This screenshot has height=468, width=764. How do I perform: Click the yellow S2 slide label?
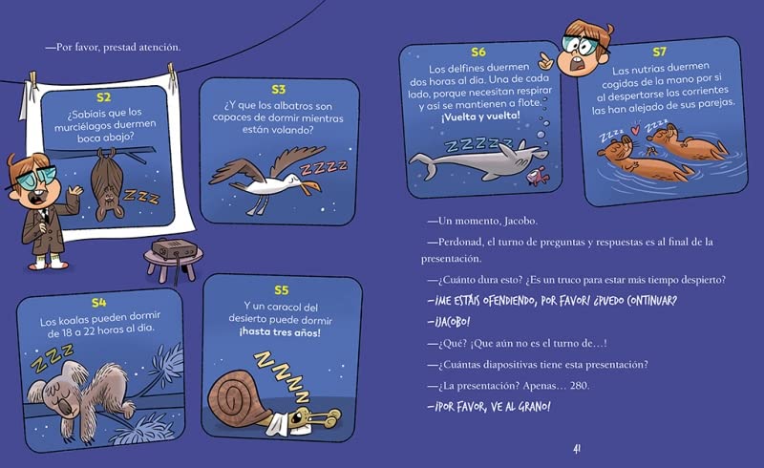click(104, 97)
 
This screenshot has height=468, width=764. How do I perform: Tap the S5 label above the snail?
click(281, 290)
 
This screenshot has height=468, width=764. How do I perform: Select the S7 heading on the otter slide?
click(659, 52)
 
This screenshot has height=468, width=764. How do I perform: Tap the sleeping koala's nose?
click(67, 406)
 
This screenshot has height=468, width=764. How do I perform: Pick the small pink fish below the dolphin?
click(537, 176)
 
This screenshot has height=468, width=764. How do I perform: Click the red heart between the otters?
click(634, 130)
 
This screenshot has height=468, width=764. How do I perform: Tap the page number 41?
click(577, 450)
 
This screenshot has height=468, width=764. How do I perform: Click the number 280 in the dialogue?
click(579, 386)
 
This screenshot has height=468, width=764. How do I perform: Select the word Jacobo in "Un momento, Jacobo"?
click(520, 221)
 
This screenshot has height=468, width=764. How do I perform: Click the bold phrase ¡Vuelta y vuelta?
click(480, 117)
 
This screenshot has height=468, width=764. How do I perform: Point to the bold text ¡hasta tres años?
click(280, 332)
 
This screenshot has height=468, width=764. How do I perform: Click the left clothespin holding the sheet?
click(32, 81)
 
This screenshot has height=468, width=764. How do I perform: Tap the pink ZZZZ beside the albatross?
click(323, 167)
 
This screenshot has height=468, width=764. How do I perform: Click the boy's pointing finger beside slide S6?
click(545, 61)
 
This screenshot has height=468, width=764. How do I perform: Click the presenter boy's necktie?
click(45, 215)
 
